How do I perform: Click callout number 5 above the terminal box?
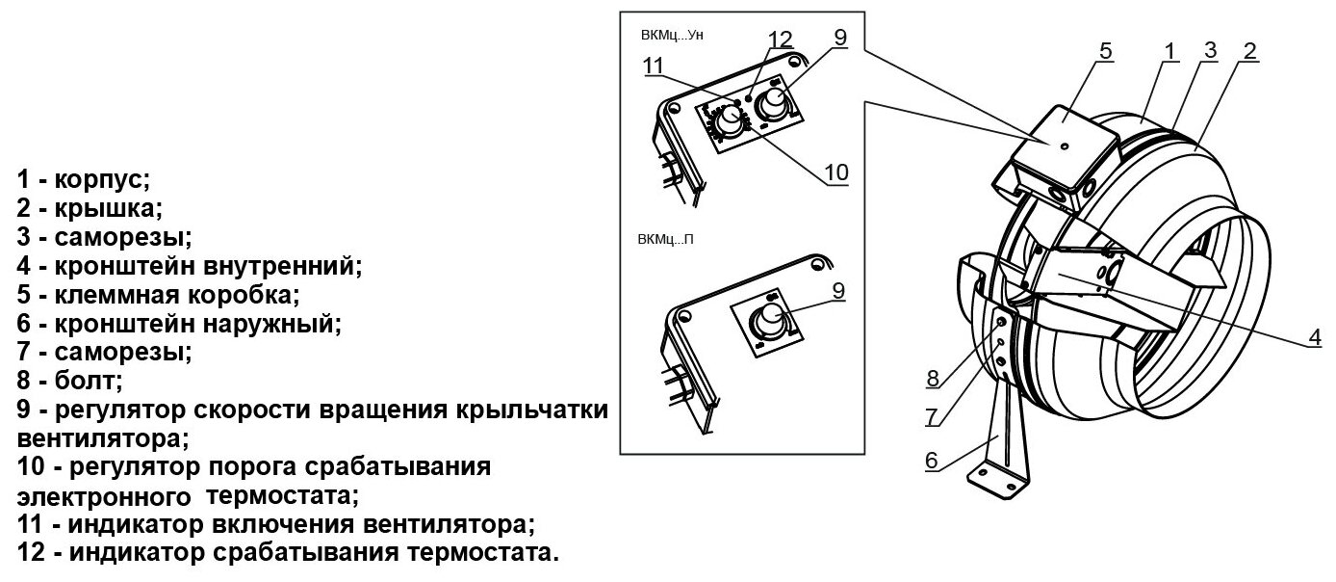point(1106,51)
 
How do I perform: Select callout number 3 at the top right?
point(1210,49)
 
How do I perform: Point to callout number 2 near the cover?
point(1248,51)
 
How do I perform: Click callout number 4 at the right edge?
point(1314,337)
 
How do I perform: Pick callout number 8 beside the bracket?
point(932,379)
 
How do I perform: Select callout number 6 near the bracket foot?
point(931,461)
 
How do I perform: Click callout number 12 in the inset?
point(780,40)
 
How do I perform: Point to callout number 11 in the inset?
point(655,66)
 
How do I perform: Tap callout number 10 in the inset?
point(836,172)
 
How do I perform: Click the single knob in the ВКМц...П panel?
point(772,319)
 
